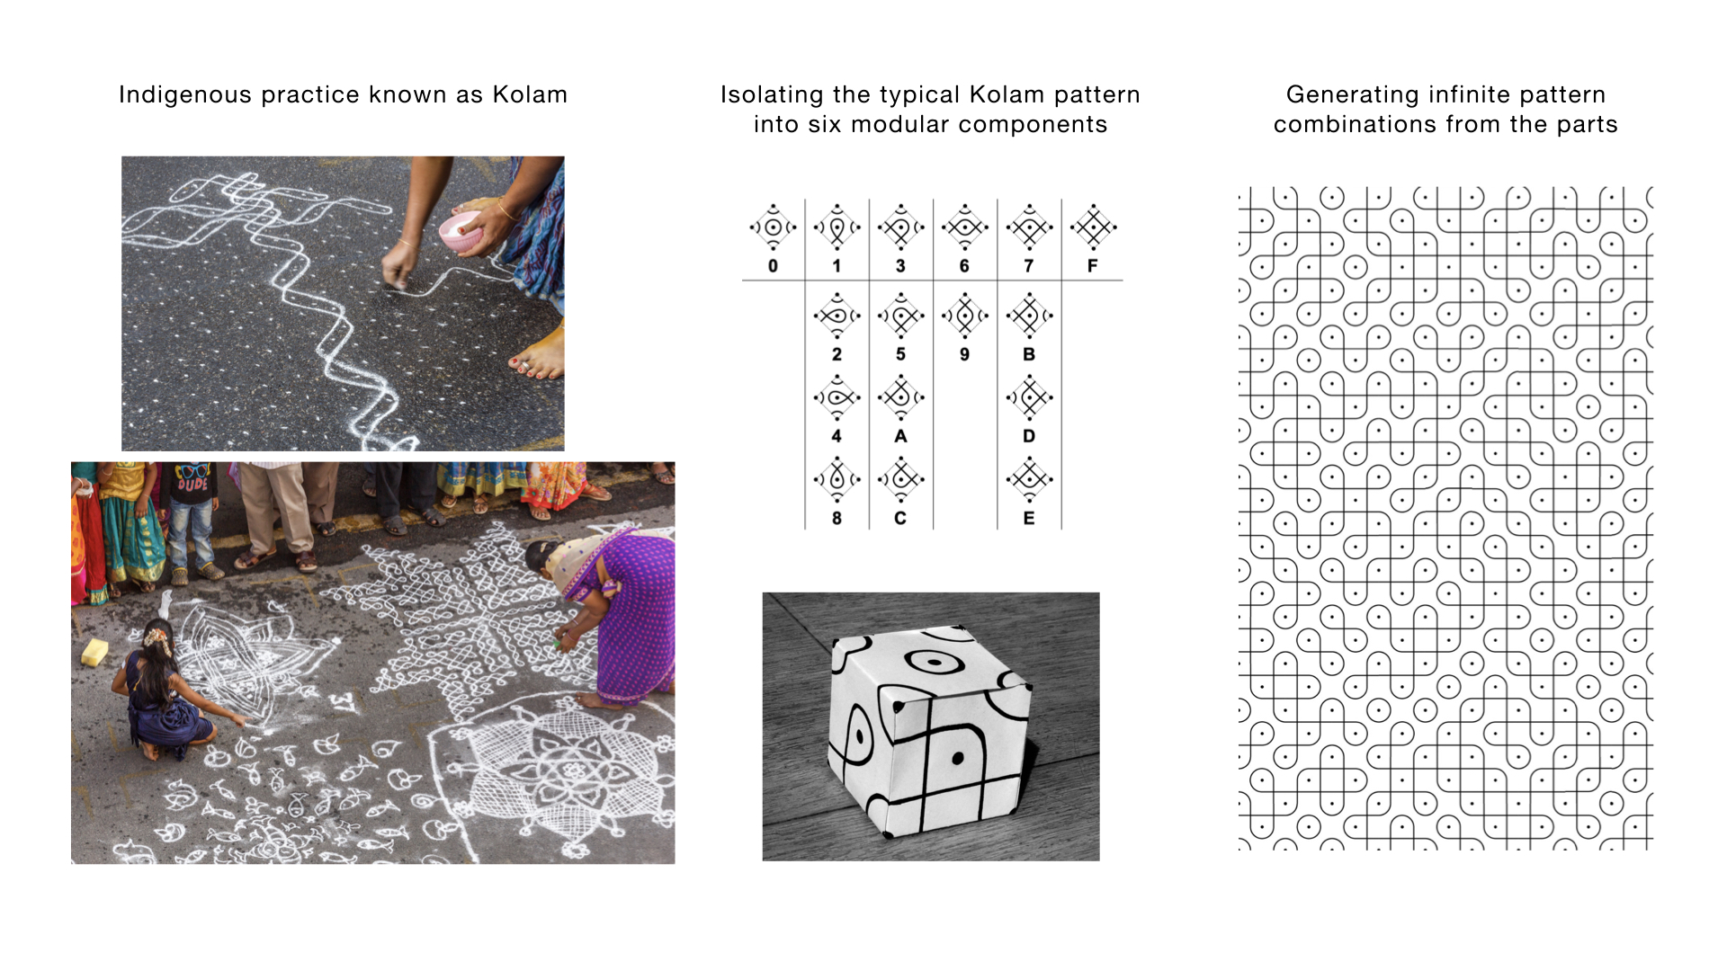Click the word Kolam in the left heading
coord(530,94)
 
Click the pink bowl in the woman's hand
coord(461,232)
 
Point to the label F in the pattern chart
coord(1093,266)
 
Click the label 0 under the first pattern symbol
coord(773,266)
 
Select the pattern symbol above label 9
coord(964,316)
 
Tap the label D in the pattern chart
coord(1029,436)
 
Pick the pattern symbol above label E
coord(1030,479)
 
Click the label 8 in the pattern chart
coord(837,519)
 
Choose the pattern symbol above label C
coord(900,479)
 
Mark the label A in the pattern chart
coord(900,436)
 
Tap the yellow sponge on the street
coord(94,652)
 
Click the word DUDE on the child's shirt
coord(192,485)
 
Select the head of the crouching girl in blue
coord(158,637)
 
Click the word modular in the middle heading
coord(900,124)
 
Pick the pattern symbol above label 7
coord(1030,227)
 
